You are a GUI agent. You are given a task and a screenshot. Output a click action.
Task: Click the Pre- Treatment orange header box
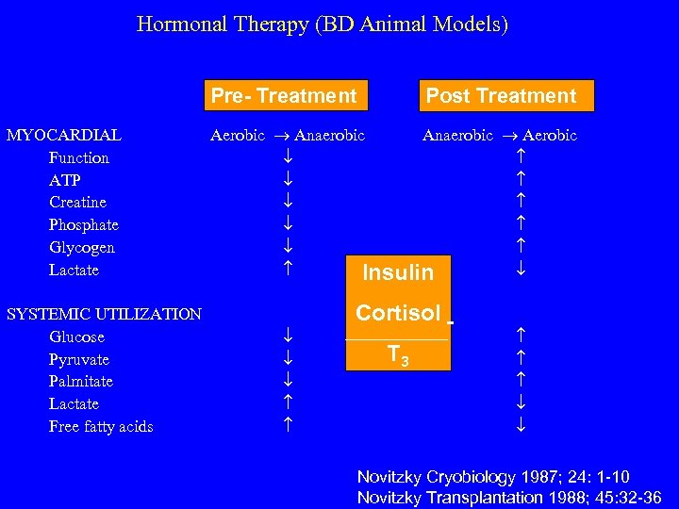(x=284, y=95)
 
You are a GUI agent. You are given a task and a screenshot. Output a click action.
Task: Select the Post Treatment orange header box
(x=501, y=95)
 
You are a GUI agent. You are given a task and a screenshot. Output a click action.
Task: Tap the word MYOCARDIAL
(x=63, y=135)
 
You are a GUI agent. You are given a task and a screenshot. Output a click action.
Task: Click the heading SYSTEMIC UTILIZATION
(x=104, y=314)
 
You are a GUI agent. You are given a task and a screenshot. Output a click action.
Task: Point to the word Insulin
(x=398, y=273)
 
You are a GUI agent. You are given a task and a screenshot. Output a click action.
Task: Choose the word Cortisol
(x=398, y=313)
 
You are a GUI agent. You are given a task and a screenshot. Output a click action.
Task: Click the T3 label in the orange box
(x=398, y=354)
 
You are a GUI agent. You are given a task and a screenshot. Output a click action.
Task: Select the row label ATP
(x=65, y=180)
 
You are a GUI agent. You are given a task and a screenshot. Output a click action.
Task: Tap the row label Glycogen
(x=82, y=247)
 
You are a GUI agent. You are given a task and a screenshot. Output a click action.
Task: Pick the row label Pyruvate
(x=79, y=359)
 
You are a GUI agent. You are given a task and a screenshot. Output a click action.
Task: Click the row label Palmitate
(x=81, y=381)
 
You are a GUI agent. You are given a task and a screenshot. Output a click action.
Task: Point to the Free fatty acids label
(x=101, y=426)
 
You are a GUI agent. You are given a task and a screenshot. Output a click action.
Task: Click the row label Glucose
(x=76, y=337)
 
